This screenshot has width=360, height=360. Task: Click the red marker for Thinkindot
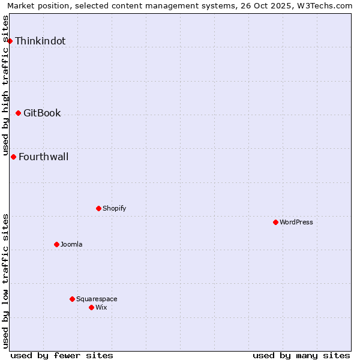tap(10, 41)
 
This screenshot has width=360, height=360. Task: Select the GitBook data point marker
tap(18, 113)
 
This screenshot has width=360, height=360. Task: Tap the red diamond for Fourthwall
tap(13, 157)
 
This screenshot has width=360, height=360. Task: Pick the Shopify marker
tap(98, 208)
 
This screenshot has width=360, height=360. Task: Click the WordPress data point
tap(275, 222)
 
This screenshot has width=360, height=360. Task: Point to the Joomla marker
tap(56, 244)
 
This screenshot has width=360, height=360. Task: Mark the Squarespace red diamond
tap(72, 299)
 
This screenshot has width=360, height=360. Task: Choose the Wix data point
tap(91, 307)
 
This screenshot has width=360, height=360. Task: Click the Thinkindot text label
tap(40, 41)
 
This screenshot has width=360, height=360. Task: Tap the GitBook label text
tap(42, 113)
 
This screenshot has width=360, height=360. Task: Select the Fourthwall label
tap(43, 157)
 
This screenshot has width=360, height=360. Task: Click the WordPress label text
tap(296, 222)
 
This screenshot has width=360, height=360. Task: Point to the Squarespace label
tap(97, 299)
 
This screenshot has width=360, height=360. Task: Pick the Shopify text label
tap(114, 208)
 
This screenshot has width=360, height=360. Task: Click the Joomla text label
tap(71, 244)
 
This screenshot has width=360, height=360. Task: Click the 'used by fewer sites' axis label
tap(62, 355)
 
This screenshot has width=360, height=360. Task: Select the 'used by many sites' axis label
tap(301, 355)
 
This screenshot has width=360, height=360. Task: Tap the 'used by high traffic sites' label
tap(5, 85)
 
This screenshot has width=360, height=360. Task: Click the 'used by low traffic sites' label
tap(5, 281)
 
